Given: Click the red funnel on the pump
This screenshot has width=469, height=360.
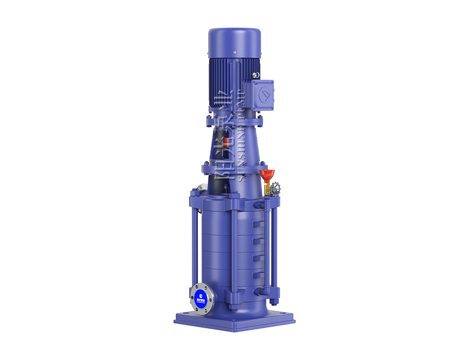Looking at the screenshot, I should tap(267, 175).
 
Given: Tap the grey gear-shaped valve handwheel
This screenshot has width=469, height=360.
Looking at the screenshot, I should tap(276, 189).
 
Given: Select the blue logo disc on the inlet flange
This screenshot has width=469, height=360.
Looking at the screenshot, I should tap(200, 295).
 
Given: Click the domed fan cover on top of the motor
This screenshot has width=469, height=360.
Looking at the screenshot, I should tap(235, 42).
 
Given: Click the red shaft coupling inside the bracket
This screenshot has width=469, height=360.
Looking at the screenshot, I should tap(227, 142).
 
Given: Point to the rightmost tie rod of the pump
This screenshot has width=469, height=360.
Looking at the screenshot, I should tap(275, 248).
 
